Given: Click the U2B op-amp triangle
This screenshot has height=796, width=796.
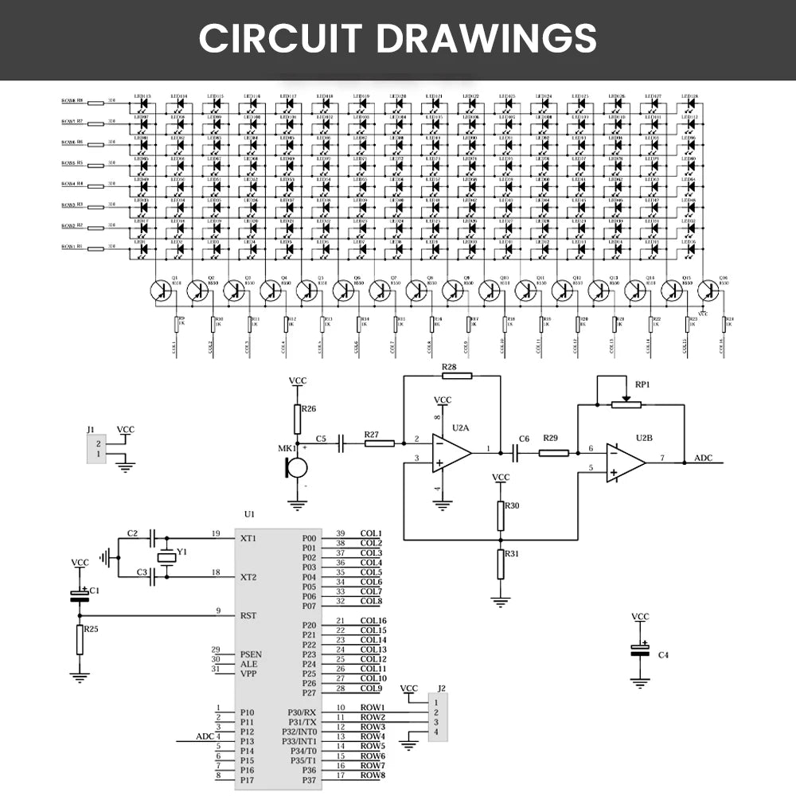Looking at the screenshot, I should (x=626, y=462).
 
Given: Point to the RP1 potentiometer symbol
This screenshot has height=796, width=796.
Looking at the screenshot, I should (x=626, y=404).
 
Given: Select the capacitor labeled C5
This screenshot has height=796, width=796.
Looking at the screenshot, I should (x=341, y=443).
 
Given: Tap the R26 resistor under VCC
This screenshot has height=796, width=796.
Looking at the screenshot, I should (x=297, y=419).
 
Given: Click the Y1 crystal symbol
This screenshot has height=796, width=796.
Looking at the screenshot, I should (x=165, y=558).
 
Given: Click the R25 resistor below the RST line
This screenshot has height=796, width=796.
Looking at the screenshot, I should (x=80, y=639).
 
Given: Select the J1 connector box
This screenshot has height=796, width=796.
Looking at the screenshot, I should (x=96, y=448).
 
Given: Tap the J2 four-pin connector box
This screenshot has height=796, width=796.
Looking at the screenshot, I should (x=437, y=717).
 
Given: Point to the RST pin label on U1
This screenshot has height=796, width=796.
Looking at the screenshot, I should (x=248, y=615).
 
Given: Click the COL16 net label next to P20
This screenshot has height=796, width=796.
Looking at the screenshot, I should (x=373, y=621).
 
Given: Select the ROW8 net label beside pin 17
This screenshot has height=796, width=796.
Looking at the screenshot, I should (x=373, y=775).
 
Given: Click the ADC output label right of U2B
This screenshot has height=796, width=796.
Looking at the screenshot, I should (x=704, y=458).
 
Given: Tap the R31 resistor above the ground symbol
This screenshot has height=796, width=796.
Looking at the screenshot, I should (x=501, y=564).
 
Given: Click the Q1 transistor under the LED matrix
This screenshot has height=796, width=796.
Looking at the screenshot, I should (x=162, y=291).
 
